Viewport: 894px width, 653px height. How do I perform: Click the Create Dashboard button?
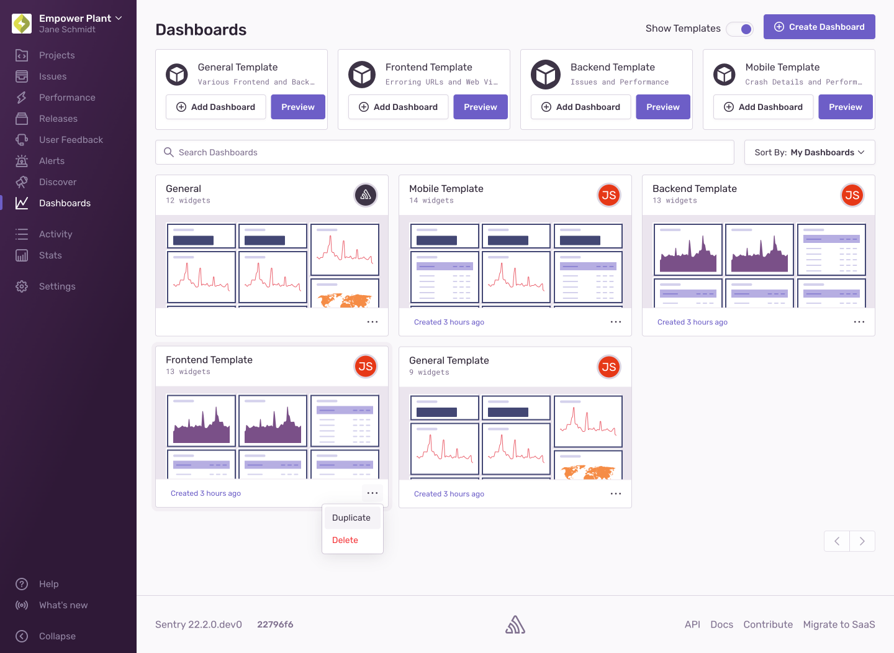tap(819, 27)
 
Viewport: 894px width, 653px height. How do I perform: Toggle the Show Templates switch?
tap(740, 29)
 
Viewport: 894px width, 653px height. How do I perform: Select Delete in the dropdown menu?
tap(345, 540)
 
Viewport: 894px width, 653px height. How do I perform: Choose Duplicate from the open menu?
tap(351, 518)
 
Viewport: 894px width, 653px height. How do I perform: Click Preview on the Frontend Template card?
tap(480, 107)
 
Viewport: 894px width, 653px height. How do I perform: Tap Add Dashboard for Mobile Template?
tap(763, 107)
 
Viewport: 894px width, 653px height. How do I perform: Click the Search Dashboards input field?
tap(445, 152)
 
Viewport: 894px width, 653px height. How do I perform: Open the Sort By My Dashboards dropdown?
tap(809, 152)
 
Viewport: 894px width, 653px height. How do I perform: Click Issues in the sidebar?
tap(53, 76)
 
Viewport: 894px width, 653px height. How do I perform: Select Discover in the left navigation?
tap(58, 182)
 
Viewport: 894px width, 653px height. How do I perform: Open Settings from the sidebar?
tap(57, 286)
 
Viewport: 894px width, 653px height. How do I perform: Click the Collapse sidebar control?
tap(57, 636)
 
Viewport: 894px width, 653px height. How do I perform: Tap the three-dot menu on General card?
tap(372, 322)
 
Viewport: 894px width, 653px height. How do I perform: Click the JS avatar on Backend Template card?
tap(852, 195)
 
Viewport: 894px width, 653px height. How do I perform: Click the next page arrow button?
tap(862, 541)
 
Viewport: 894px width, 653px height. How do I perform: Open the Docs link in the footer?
tap(721, 624)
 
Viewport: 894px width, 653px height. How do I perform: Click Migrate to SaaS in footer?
tap(839, 624)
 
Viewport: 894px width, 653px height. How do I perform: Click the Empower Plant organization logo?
tap(22, 24)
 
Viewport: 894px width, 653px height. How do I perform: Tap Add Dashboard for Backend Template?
tap(580, 107)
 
